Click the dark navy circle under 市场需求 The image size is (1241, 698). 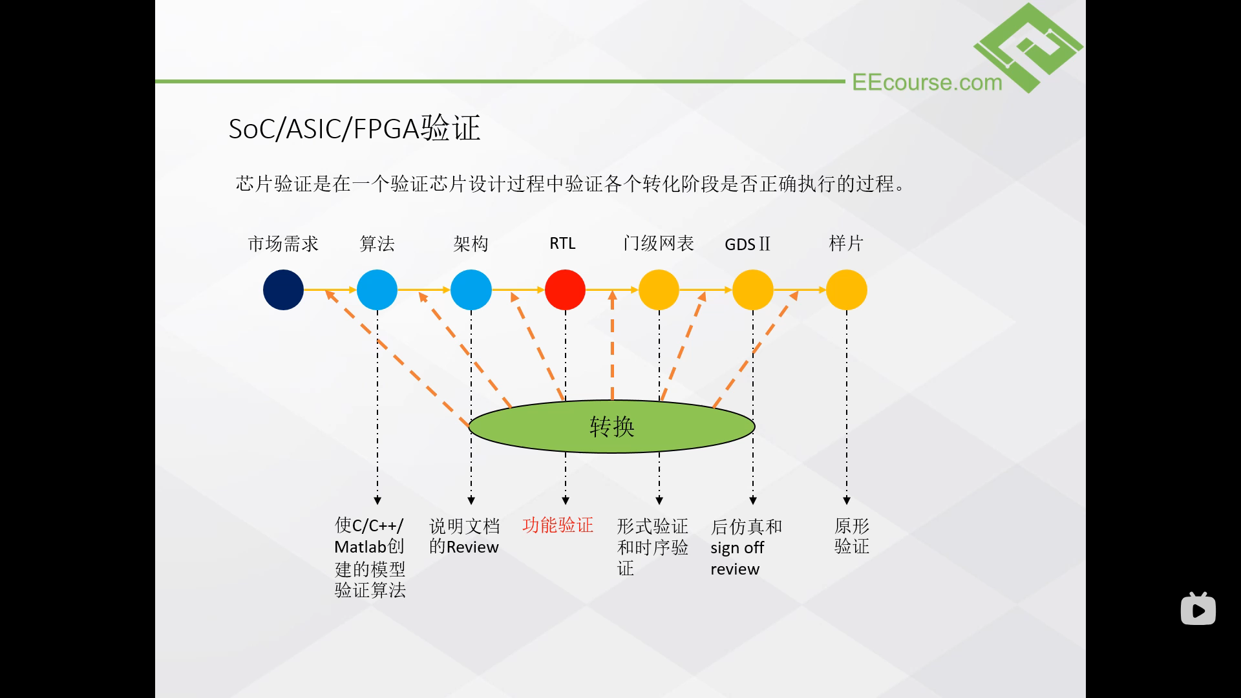[283, 290]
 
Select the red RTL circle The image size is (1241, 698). [565, 290]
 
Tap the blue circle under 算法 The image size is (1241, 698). [377, 290]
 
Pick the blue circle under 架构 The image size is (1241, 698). [471, 290]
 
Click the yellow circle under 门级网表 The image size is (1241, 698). [659, 290]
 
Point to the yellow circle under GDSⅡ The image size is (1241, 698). [753, 290]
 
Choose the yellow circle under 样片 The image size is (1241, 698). [847, 290]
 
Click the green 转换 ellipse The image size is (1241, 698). [611, 427]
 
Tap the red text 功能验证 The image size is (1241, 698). [558, 525]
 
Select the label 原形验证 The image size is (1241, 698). [852, 536]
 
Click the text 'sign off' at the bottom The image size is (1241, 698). [737, 548]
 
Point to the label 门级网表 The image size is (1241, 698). [659, 244]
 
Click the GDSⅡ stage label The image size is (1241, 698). [748, 244]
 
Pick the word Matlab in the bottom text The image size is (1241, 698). [361, 547]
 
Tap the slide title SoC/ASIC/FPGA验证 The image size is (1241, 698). [354, 128]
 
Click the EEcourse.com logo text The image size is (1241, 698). [927, 82]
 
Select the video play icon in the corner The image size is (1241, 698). [1198, 609]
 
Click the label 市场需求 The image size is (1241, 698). [283, 244]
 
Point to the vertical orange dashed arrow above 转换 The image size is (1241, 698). [612, 345]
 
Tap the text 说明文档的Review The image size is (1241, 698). [464, 536]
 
